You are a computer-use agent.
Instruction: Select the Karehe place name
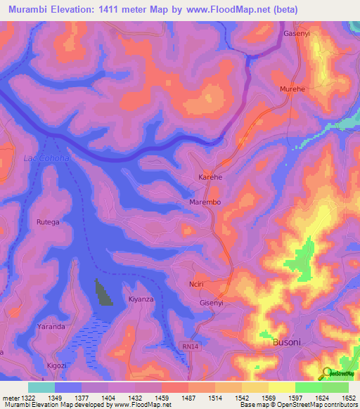point(210,178)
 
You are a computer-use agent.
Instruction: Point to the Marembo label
point(205,202)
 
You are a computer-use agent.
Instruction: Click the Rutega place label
point(49,222)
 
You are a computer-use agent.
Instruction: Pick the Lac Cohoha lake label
point(46,158)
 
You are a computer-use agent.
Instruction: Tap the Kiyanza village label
point(141,299)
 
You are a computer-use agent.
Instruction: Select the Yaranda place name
point(51,327)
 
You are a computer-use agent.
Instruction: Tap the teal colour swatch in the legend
point(41,387)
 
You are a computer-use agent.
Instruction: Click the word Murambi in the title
point(28,10)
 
